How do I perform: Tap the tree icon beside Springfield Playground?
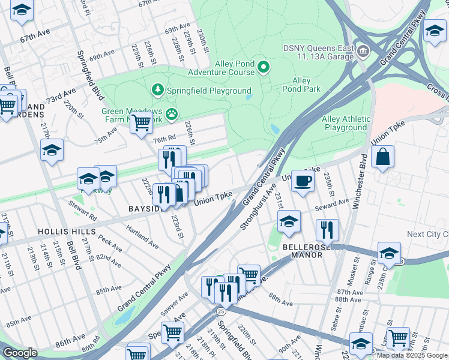(158, 90)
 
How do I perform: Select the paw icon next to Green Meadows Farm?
(172, 113)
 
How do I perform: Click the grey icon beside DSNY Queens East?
(363, 50)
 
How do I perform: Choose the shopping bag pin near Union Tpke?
(382, 158)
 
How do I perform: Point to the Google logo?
(20, 353)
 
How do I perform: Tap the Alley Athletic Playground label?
(345, 123)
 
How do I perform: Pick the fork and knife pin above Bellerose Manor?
(327, 230)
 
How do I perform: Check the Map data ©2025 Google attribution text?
(412, 355)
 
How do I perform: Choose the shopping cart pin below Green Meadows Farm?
(141, 123)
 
